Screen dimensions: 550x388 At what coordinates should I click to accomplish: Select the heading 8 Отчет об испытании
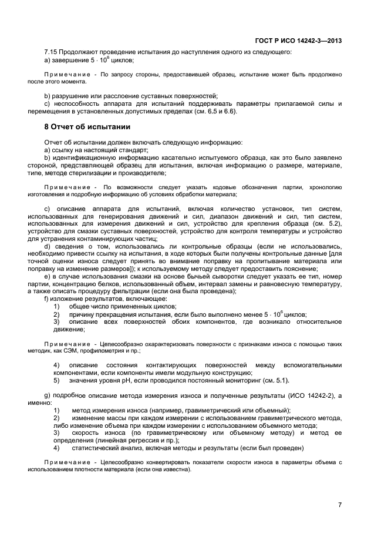(x=87, y=126)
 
